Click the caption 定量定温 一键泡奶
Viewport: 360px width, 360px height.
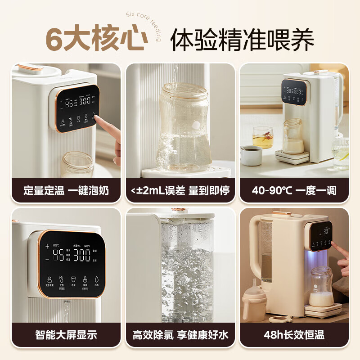66,190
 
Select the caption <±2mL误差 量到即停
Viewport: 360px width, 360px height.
180,190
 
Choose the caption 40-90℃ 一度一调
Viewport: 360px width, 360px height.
294,190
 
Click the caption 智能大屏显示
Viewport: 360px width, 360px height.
66,335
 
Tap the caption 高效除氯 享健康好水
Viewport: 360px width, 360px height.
180,335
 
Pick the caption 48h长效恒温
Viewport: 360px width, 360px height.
294,335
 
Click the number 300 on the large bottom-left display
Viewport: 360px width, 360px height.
82,256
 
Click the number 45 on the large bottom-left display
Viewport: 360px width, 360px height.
58,256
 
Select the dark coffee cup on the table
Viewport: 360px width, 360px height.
251,155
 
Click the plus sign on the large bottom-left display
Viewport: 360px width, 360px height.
47,246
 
